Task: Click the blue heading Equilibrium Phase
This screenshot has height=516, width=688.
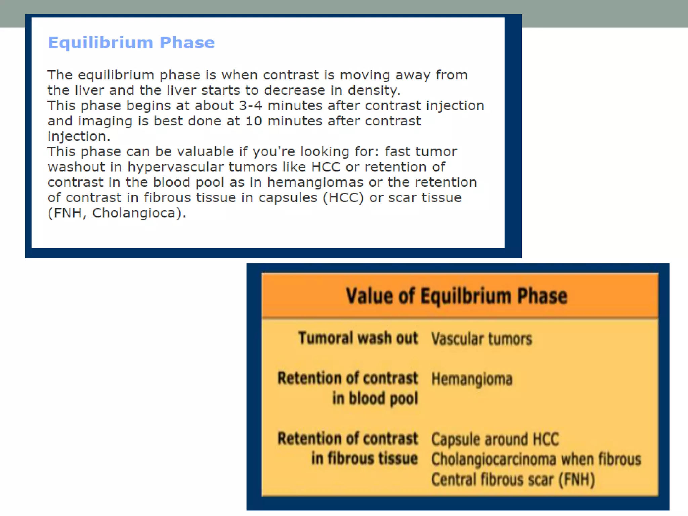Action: click(131, 43)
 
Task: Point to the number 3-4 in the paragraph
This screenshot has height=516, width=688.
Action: click(250, 106)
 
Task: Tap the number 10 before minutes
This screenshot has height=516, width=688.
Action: click(254, 121)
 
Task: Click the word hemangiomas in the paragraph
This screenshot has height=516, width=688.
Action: click(315, 182)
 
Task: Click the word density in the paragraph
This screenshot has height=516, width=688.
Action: click(373, 90)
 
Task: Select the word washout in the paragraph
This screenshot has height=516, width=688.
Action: click(76, 167)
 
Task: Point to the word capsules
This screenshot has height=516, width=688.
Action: click(288, 198)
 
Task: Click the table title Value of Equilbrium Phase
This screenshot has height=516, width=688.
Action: click(457, 296)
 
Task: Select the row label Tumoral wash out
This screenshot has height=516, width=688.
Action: click(358, 338)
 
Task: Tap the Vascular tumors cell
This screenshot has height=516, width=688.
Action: click(481, 339)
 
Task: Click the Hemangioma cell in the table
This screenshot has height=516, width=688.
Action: click(472, 379)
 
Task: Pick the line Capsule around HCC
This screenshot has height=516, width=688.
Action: click(495, 439)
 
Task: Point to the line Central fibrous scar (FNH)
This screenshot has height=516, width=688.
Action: click(513, 479)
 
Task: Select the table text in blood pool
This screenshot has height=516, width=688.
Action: click(375, 398)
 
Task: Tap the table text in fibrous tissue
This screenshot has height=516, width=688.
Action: click(364, 459)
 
